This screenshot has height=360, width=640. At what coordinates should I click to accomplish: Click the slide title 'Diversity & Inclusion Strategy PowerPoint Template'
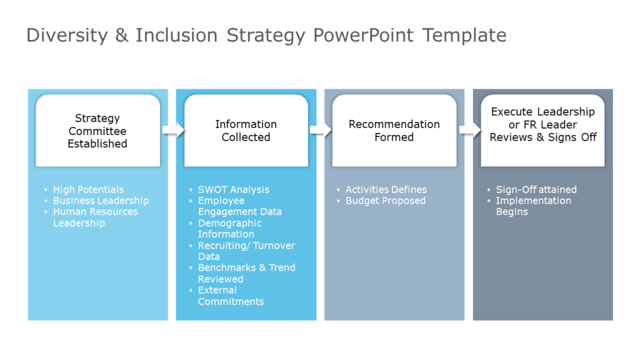click(x=266, y=35)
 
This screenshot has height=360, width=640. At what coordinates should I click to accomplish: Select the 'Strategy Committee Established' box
click(x=97, y=131)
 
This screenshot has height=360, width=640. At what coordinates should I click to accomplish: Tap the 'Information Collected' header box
click(x=246, y=131)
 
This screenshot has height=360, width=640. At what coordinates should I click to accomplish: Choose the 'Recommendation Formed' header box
click(x=394, y=131)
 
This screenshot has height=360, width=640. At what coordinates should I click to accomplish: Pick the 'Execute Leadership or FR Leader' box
click(x=542, y=124)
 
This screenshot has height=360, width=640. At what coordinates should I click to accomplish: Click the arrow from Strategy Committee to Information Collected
click(x=173, y=130)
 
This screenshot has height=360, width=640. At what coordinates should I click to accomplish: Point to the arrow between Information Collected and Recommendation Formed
click(x=321, y=130)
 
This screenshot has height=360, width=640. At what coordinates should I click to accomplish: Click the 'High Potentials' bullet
click(x=88, y=189)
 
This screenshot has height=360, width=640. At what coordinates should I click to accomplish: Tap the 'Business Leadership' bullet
click(x=101, y=201)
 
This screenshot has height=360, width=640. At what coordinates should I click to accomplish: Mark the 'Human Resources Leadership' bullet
click(x=95, y=217)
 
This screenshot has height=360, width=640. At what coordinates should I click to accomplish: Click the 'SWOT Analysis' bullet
click(x=234, y=189)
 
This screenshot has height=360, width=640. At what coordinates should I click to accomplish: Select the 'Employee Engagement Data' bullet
click(x=239, y=206)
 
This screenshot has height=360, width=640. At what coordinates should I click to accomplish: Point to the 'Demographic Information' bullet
click(x=229, y=229)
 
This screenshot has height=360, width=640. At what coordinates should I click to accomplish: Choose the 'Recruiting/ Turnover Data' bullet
click(x=246, y=251)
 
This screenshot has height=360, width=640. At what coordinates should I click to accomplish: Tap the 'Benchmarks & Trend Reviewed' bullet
click(x=246, y=273)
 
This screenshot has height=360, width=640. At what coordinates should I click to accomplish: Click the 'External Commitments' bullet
click(x=231, y=296)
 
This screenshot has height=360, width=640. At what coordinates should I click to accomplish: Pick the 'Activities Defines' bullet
click(x=386, y=189)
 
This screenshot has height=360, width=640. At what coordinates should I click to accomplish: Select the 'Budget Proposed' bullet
click(x=385, y=201)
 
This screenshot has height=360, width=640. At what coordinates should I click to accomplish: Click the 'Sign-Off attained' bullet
click(x=536, y=189)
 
